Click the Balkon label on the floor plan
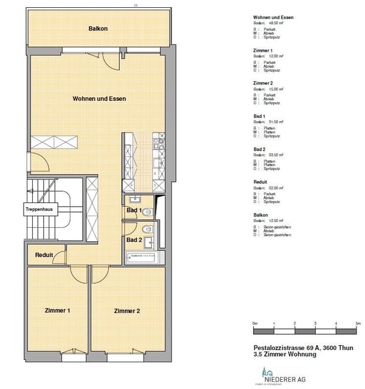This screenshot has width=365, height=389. [x=98, y=29]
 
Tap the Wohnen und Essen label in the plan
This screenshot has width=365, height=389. [x=99, y=98]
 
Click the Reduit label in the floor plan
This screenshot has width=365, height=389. [x=44, y=255]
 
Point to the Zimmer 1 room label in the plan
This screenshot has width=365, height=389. [x=58, y=311]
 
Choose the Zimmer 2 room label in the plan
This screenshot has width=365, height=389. [x=127, y=311]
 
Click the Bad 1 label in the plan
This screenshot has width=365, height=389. [x=134, y=210]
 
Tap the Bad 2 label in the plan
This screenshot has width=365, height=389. [x=134, y=240]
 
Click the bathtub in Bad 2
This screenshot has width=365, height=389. [x=142, y=258]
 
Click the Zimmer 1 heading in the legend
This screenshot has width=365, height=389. [x=263, y=50]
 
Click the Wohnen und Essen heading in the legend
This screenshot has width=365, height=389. [x=273, y=18]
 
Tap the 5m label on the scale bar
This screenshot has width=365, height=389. [x=358, y=323]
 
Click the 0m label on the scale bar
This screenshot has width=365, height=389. [x=255, y=323]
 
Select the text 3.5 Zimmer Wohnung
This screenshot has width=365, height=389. [x=285, y=354]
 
